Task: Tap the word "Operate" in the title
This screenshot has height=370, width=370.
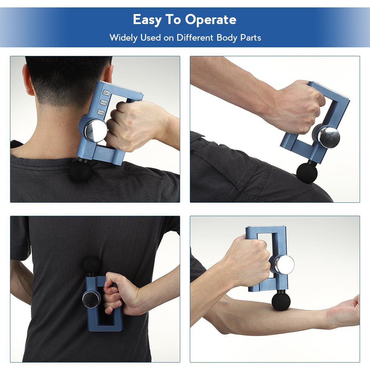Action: coord(211,20)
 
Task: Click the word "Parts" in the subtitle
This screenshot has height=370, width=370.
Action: coord(251,37)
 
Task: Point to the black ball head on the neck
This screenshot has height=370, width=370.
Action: coord(78,170)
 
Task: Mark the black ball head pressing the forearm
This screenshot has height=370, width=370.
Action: coord(281,301)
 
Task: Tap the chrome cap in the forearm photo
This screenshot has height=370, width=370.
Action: coord(284,265)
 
